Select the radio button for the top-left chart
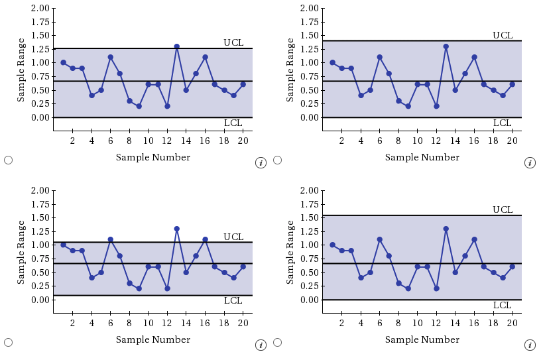coord(8,160)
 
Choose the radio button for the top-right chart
coord(277,160)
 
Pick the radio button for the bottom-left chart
coord(8,342)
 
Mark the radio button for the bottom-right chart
coord(277,342)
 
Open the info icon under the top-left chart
coord(261,162)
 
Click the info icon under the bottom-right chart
coord(530,345)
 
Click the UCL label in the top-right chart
coord(502,35)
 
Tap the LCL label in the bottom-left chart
coord(233,300)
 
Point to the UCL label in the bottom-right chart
coord(502,210)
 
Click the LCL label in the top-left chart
coord(233,123)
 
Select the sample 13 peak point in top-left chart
coord(176,46)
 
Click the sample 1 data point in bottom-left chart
coord(63,245)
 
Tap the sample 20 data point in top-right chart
coord(512,84)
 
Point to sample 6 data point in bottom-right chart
coord(379,239)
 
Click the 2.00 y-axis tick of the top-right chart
coord(308,8)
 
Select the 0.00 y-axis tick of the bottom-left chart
coord(39,300)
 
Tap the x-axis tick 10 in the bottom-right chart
coord(417,323)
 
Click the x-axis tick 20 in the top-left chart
coord(243,141)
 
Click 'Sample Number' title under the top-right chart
coord(422,157)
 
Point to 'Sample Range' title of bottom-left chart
coord(21,252)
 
